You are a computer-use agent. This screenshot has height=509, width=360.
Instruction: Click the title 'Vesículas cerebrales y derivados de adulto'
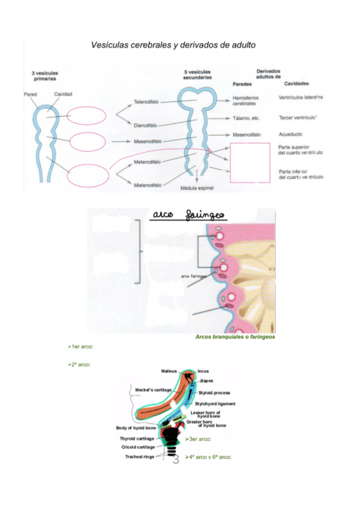(x=173, y=45)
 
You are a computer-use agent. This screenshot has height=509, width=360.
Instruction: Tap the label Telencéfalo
(x=146, y=102)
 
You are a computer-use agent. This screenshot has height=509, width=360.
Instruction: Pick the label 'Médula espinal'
(x=197, y=188)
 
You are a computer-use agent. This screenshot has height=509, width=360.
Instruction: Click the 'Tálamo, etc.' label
(x=246, y=119)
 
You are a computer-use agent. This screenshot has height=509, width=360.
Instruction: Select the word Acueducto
(x=291, y=135)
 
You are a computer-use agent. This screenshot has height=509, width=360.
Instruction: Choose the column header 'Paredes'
(x=242, y=85)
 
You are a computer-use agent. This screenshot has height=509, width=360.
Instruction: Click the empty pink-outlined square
(x=250, y=162)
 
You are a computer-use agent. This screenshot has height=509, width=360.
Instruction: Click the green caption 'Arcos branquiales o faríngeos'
(x=235, y=337)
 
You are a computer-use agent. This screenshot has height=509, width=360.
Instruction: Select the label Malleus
(x=169, y=372)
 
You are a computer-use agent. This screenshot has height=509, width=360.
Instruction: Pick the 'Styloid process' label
(x=214, y=393)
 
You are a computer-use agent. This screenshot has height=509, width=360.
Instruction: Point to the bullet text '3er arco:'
(x=199, y=439)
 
